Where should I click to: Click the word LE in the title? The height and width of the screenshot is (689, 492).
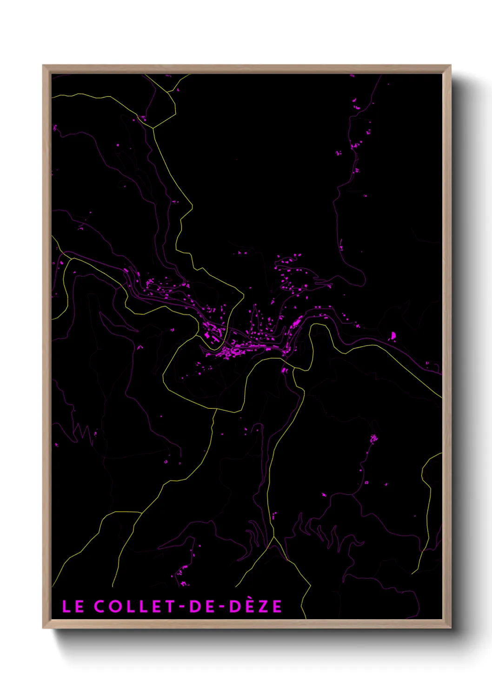(73, 606)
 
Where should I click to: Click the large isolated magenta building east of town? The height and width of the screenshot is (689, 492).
(393, 336)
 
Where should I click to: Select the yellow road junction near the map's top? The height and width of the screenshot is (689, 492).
(153, 128)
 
